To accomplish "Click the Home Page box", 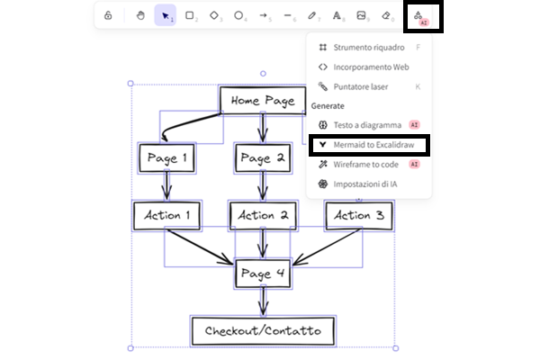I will pos(263,101).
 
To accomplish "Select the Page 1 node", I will pos(166,158).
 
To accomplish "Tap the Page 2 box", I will pos(263,158).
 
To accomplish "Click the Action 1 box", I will pos(166,215).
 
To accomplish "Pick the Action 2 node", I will pos(263,215).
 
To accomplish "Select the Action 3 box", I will pos(358,215).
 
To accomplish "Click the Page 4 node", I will pos(263,273).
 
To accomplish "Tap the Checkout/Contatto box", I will pos(263,330).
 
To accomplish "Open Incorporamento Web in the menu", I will pos(369,67).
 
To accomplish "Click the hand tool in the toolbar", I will pos(140,15).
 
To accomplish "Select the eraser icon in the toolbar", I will pos(387,15).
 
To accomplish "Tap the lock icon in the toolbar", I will pos(108,15).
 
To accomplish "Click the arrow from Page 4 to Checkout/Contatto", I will pos(263,301).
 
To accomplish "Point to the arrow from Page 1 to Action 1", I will pos(166,187).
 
